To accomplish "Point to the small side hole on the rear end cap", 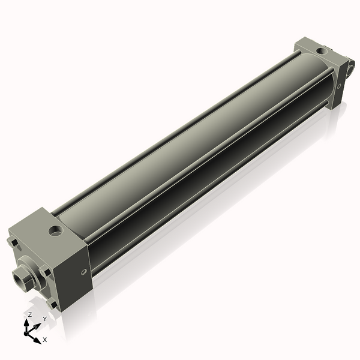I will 340,86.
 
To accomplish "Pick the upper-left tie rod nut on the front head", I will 12,242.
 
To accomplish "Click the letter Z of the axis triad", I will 29,314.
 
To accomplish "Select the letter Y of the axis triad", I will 44,319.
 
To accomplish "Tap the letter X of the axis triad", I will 44,340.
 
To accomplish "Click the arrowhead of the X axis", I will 38,338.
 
